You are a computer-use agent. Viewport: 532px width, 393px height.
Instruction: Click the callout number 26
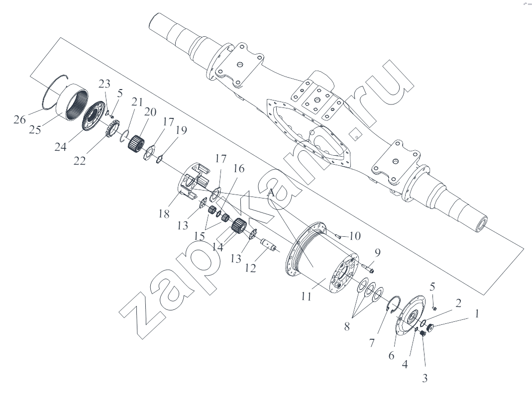20,119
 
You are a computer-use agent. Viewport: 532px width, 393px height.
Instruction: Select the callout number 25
35,129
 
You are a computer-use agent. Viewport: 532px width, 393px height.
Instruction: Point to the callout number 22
80,160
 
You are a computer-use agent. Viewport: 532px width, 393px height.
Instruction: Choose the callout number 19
181,130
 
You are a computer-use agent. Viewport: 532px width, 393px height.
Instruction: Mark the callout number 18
164,214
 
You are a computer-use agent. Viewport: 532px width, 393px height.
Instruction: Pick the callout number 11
307,296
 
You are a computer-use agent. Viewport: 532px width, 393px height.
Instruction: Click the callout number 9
378,253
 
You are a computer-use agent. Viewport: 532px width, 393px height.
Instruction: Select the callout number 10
355,236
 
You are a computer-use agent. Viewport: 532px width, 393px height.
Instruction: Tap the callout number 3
425,378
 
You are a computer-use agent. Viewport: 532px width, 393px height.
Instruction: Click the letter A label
271,193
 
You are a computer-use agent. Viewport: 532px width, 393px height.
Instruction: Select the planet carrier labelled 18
194,182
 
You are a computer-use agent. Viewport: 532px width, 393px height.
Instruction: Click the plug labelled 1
430,327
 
